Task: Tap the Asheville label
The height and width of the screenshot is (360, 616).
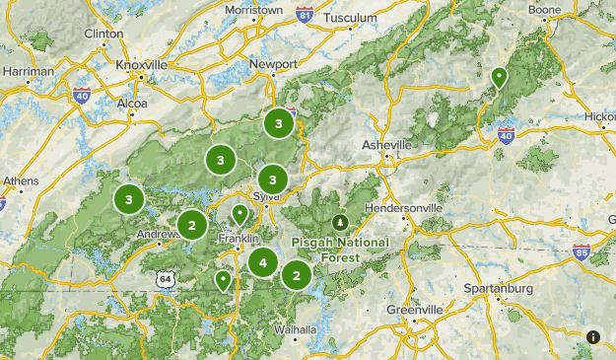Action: click(x=385, y=145)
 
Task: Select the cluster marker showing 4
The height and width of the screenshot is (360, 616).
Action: click(x=262, y=263)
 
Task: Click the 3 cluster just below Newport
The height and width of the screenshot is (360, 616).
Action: click(x=279, y=123)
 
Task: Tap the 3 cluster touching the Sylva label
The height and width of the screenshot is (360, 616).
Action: click(x=272, y=180)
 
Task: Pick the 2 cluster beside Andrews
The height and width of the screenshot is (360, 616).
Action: click(x=191, y=225)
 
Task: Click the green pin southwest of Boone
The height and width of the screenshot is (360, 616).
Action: click(x=500, y=77)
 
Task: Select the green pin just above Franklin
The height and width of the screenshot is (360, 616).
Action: click(x=240, y=214)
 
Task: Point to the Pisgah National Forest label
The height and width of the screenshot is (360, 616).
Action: click(x=340, y=249)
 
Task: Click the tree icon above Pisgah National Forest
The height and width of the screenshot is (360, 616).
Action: click(x=341, y=221)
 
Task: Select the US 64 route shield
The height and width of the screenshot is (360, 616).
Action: click(x=164, y=279)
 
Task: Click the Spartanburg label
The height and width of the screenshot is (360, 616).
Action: click(x=498, y=289)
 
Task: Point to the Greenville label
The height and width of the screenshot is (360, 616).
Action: click(x=413, y=309)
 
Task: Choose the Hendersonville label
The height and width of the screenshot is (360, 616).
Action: click(x=404, y=208)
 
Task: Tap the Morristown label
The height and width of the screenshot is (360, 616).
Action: click(x=253, y=10)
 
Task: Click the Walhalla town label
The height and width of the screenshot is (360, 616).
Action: click(x=295, y=329)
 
